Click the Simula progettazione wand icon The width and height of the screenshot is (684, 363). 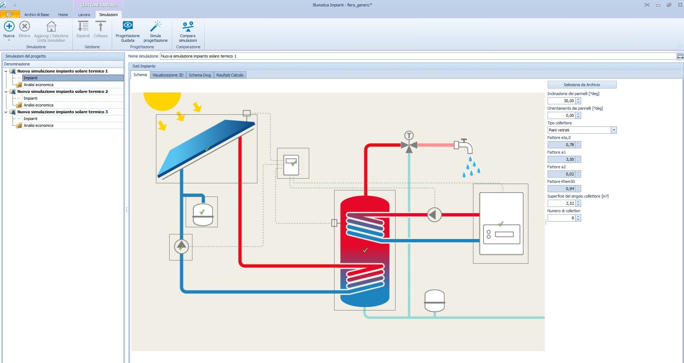click(x=155, y=26)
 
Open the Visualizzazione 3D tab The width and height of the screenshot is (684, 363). click(x=168, y=75)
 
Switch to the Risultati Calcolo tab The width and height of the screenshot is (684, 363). click(x=230, y=75)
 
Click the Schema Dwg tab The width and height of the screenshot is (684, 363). click(x=200, y=75)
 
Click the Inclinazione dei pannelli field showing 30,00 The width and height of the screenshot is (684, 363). click(x=561, y=101)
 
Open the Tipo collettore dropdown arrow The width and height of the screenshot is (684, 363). click(x=614, y=130)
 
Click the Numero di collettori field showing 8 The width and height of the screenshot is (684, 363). click(x=561, y=218)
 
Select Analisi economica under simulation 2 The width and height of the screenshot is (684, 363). click(x=38, y=105)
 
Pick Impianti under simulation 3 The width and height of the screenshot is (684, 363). click(x=30, y=119)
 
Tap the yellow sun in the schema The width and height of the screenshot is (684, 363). click(x=162, y=100)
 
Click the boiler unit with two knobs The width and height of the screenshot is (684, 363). click(x=501, y=224)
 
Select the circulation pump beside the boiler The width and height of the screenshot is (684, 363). click(x=434, y=215)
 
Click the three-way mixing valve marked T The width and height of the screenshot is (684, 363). click(x=409, y=145)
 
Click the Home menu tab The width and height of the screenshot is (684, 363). click(x=63, y=15)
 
